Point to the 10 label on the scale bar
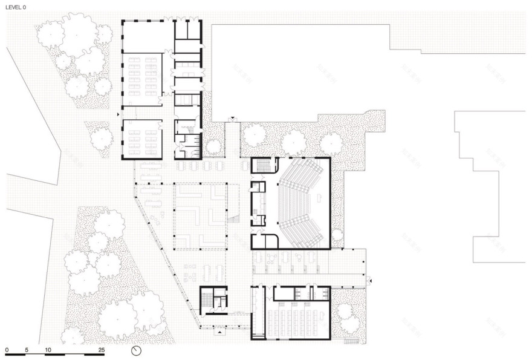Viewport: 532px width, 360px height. (47, 350)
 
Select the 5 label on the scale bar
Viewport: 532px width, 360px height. (27, 350)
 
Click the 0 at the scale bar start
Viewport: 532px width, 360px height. (7, 350)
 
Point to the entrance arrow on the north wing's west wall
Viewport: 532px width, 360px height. (119, 113)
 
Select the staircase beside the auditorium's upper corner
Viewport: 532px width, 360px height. (264, 165)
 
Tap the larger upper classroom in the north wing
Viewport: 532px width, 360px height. (143, 79)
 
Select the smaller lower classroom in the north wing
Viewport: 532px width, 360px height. (143, 139)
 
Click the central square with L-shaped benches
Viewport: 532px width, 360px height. (199, 215)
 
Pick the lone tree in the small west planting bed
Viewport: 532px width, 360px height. (101, 138)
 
